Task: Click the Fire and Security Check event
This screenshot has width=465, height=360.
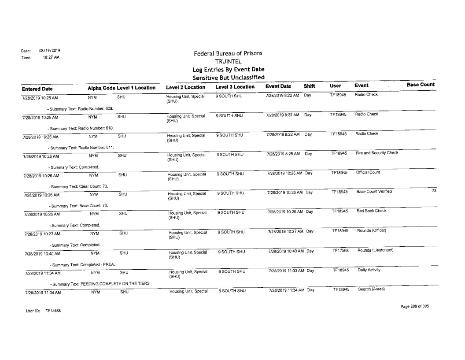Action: (x=374, y=154)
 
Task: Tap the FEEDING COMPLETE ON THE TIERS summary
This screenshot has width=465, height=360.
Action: (x=102, y=282)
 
